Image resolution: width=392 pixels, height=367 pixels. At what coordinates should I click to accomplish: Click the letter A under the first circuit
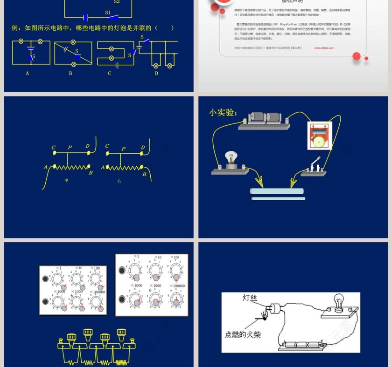pos(28,73)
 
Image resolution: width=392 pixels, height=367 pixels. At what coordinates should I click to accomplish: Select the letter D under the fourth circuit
pos(156,73)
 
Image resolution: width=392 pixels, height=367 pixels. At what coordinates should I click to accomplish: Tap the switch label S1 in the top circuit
pos(108,13)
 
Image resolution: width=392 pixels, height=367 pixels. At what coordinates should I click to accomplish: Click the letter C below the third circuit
pos(110,73)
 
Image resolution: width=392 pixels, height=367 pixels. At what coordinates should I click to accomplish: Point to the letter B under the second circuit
pos(70,73)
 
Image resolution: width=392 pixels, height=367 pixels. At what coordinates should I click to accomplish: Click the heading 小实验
pos(223,112)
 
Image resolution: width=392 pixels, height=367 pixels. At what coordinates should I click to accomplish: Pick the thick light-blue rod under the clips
pos(277,191)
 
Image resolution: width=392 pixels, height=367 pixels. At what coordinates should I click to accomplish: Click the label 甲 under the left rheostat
pos(66,180)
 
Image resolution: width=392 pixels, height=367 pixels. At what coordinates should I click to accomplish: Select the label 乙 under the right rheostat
pos(119,180)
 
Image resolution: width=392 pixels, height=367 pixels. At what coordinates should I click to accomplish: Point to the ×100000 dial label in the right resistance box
pos(177,286)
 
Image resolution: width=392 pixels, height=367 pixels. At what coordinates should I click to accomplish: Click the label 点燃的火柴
pos(243,333)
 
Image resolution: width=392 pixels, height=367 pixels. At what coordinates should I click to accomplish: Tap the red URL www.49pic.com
pos(324,48)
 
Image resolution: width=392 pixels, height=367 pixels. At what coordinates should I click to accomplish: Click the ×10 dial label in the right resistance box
pos(158,258)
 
